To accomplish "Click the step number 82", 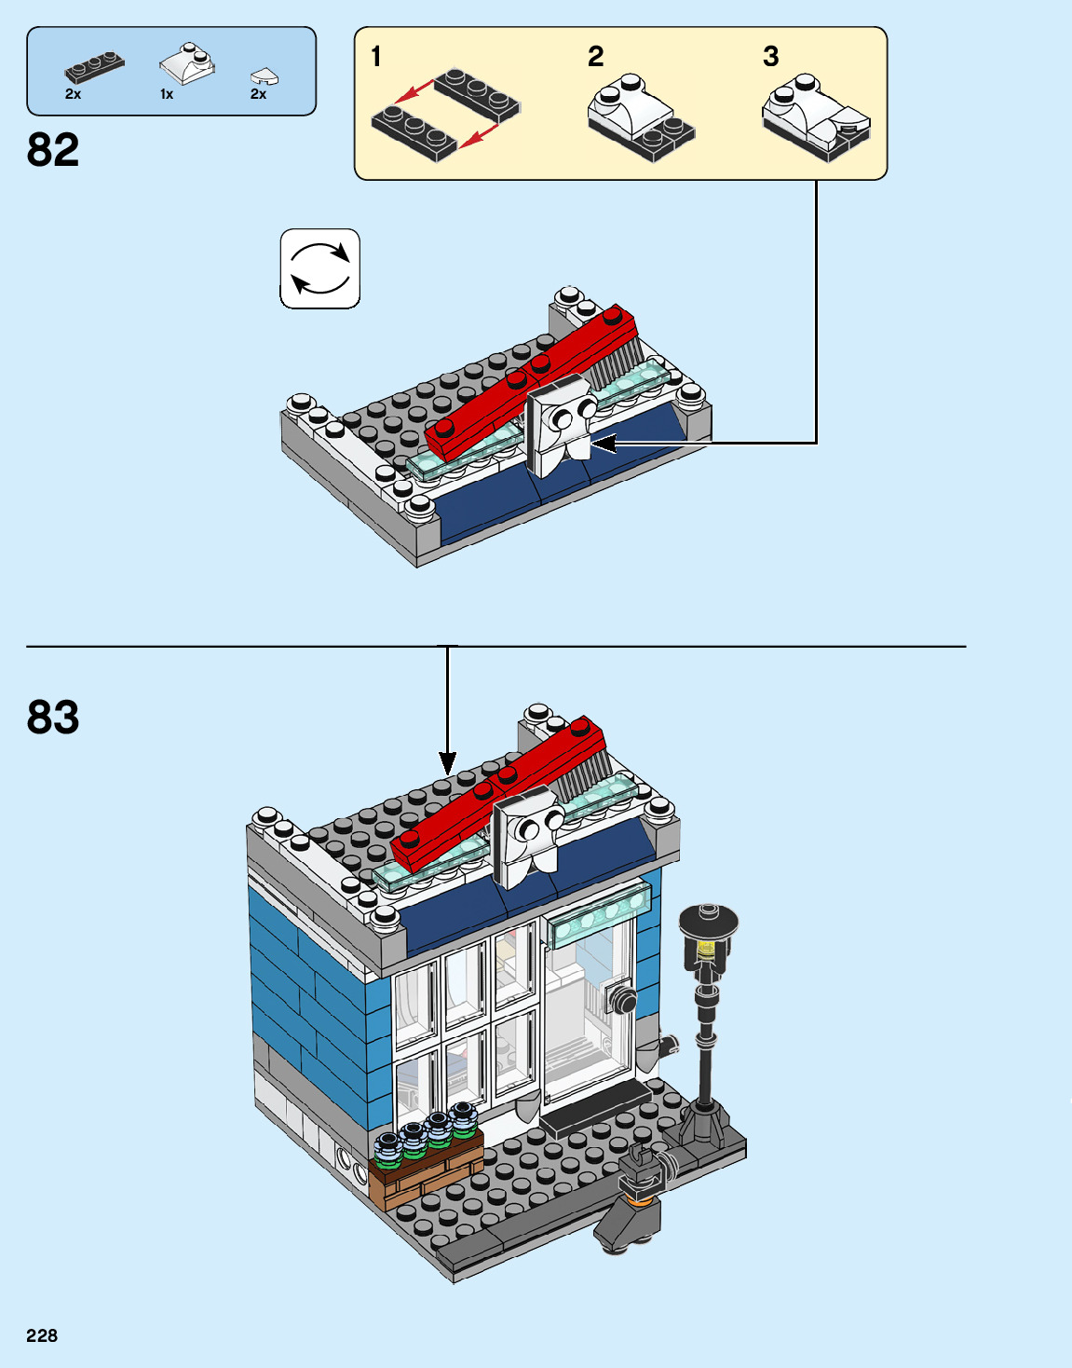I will (53, 150).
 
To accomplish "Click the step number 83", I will (53, 718).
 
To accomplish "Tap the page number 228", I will (42, 1335).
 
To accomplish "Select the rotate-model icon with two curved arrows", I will (320, 268).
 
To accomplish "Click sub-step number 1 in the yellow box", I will (376, 57).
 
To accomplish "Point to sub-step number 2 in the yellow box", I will (596, 57).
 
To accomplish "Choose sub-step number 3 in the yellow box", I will (771, 57).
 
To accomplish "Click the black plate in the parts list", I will (94, 67).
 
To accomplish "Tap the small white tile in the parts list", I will (265, 77).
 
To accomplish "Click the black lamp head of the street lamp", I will (709, 923).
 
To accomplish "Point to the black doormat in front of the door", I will (596, 1105).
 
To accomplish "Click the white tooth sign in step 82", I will (560, 424).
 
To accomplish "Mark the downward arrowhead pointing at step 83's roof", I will (448, 763).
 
